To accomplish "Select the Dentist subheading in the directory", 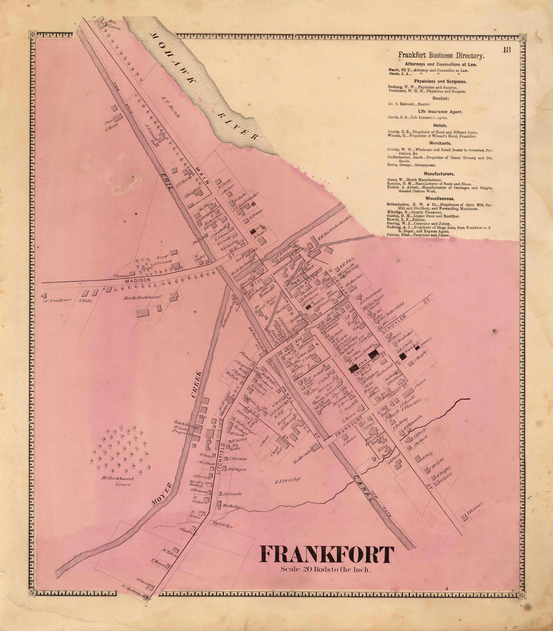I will click(x=440, y=99).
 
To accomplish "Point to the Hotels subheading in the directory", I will click(x=440, y=125).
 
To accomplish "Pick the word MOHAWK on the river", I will click(x=173, y=59).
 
